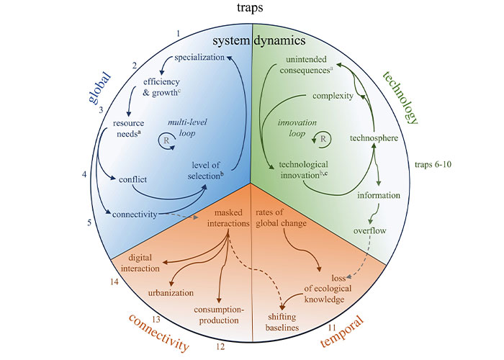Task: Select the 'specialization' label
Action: pyautogui.click(x=201, y=57)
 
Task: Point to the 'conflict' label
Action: pyautogui.click(x=134, y=179)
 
